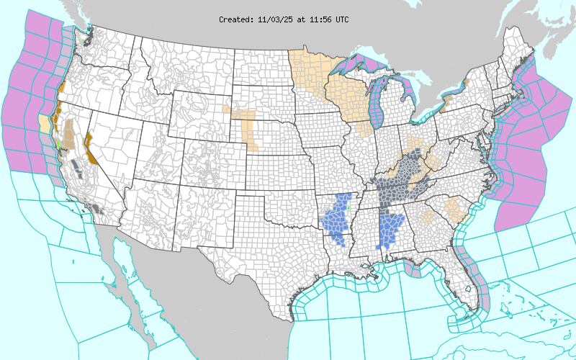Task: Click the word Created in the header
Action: (235, 19)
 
